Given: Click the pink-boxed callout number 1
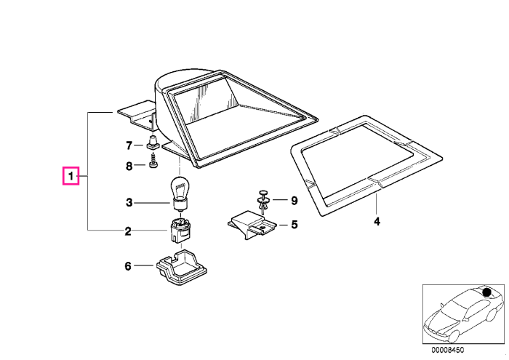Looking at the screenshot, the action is click(71, 176).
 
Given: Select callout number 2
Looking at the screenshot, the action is click(128, 231).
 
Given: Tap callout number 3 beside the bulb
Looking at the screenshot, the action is click(129, 203).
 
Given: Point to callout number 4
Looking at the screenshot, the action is click(377, 222).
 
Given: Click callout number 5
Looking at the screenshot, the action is click(294, 225).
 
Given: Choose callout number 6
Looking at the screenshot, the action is click(128, 266).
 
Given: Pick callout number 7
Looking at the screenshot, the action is click(129, 145).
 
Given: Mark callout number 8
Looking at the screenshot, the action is click(129, 167).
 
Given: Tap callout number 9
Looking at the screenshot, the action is click(294, 201).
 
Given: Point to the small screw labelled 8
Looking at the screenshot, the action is click(153, 162).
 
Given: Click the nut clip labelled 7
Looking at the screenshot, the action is click(152, 143).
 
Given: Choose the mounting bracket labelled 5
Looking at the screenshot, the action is click(252, 225).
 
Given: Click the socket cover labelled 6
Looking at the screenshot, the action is click(182, 267).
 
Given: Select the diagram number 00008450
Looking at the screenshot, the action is click(448, 351).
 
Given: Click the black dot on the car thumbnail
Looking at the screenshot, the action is click(486, 292).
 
